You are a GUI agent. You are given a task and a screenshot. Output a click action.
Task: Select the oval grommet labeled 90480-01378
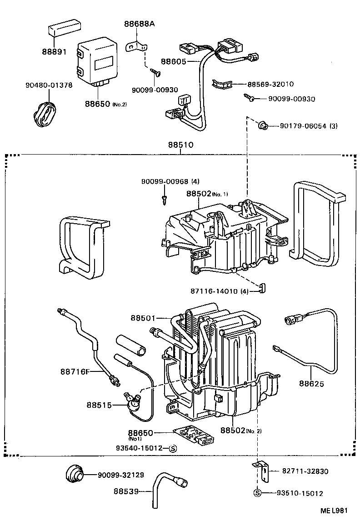[44, 111]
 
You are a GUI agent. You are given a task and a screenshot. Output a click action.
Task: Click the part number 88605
[173, 61]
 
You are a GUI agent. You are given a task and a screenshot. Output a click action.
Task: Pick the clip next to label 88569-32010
[222, 84]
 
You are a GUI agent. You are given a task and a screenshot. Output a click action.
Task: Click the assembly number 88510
[180, 145]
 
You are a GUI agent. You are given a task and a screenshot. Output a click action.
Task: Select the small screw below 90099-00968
[164, 198]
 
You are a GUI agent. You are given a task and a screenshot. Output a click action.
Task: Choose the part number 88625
[311, 383]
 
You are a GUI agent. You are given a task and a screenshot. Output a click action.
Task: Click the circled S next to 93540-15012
[172, 448]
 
